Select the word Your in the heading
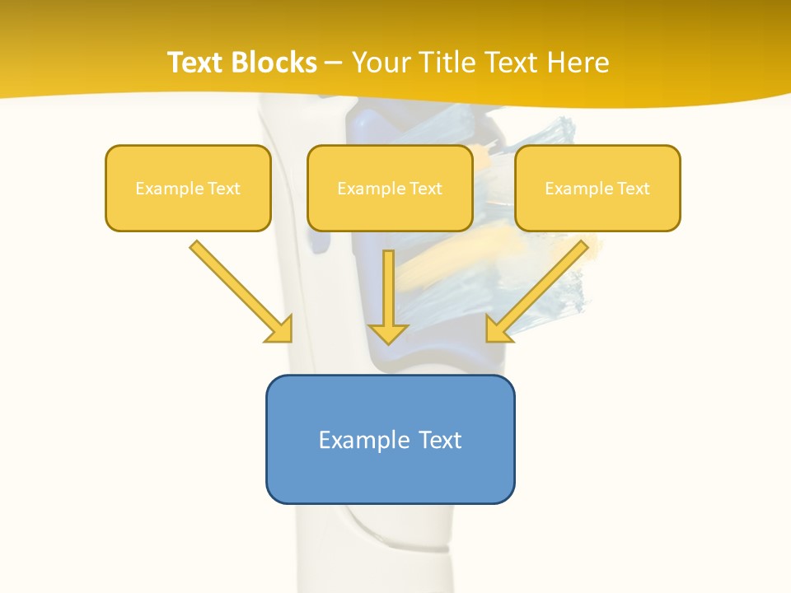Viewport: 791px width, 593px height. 381,63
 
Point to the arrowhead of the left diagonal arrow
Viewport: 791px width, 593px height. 279,329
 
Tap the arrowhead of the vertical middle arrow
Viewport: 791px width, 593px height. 388,333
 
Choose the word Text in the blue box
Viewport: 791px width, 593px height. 440,440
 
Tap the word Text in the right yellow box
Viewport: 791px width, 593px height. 633,189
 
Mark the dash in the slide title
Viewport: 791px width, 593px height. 334,63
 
